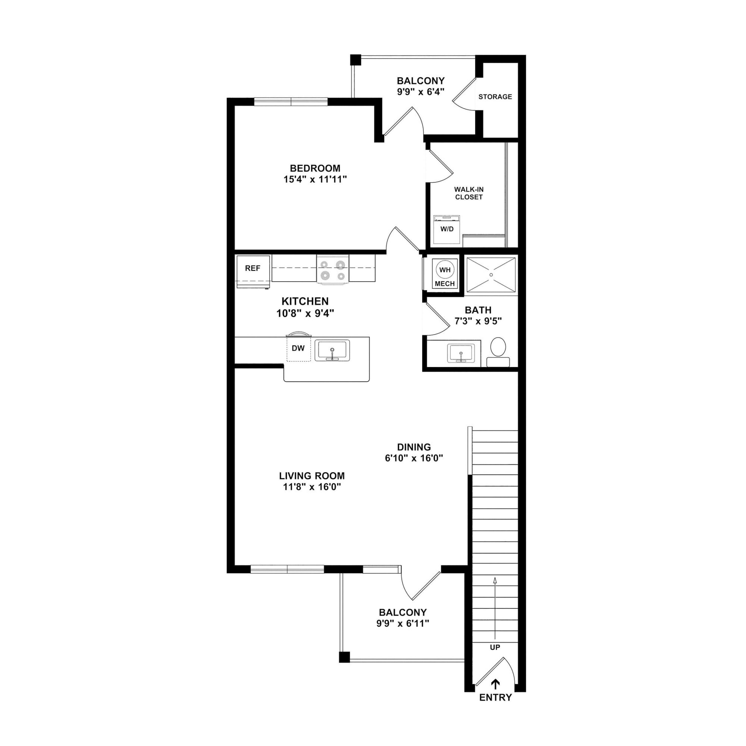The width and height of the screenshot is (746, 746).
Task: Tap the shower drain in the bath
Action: (491, 275)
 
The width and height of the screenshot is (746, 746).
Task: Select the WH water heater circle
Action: (445, 270)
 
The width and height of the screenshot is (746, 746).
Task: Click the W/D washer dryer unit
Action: (447, 229)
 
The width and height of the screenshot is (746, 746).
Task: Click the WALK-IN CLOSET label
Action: (469, 193)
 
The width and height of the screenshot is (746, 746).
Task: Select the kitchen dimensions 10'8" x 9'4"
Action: (305, 313)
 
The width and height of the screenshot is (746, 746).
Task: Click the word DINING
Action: (414, 447)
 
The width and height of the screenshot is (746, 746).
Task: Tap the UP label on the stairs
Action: (495, 647)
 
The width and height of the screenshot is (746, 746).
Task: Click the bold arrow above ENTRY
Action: (495, 684)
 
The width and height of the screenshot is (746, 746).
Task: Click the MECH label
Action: (445, 284)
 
